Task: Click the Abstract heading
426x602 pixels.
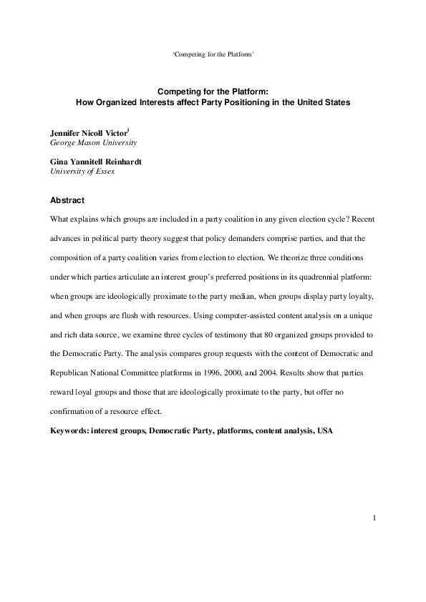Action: point(67,200)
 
